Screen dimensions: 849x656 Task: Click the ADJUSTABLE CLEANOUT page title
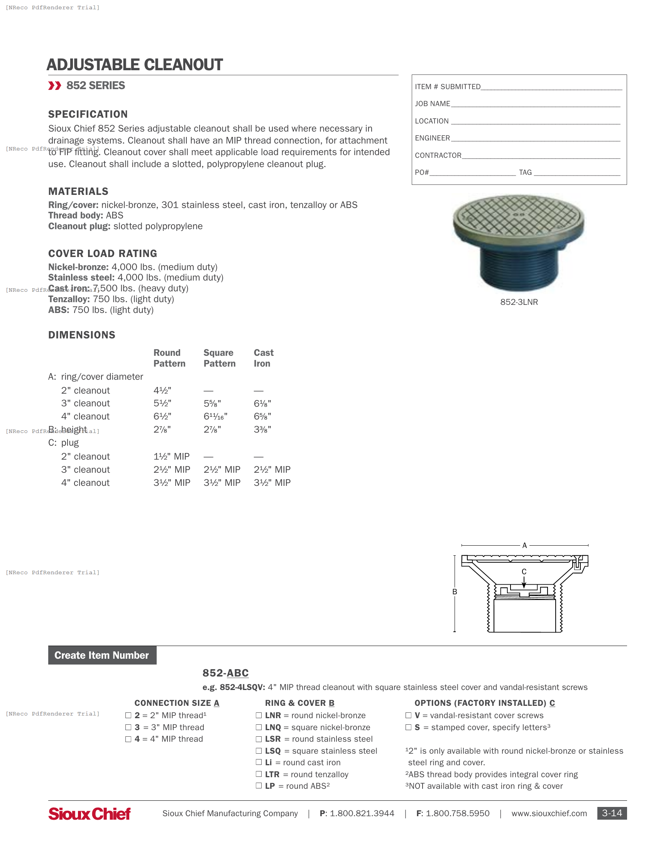134,65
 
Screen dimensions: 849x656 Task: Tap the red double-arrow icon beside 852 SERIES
54,86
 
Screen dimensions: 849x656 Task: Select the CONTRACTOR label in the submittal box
438,156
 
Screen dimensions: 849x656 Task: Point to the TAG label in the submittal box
525,173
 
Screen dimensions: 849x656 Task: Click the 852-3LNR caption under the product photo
519,302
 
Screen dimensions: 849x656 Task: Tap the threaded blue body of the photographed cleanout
519,268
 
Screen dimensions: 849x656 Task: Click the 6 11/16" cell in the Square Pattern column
215,416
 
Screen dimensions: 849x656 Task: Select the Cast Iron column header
264,358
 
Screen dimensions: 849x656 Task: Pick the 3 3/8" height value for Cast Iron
262,430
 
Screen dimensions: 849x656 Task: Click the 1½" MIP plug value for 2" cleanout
171,457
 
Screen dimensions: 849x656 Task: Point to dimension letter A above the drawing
524,545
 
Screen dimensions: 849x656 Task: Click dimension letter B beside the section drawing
454,592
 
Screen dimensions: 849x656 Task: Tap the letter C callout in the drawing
524,572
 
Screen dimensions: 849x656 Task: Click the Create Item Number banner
102,655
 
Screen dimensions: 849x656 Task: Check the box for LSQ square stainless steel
259,751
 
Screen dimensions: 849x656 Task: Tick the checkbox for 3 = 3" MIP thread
128,727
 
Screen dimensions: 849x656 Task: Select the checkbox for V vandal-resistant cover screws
408,715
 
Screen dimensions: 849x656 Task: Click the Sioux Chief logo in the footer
90,813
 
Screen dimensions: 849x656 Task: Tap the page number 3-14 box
612,813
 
